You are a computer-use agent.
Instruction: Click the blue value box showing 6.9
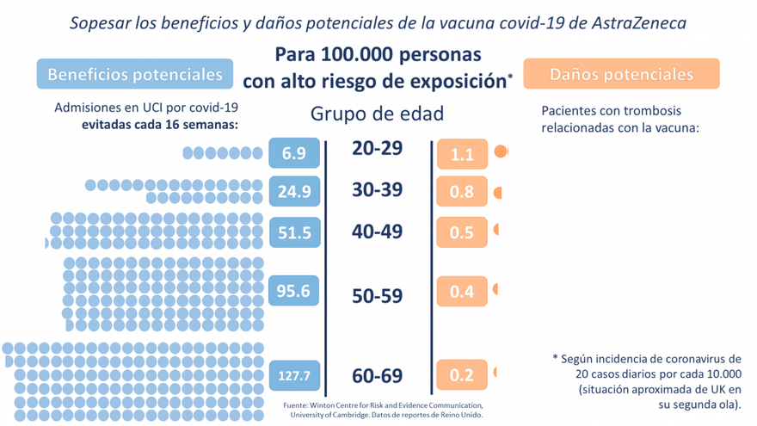(294, 154)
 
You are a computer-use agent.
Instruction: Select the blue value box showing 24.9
(294, 191)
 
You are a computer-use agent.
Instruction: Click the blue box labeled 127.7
(294, 375)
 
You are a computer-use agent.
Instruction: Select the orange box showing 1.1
(462, 155)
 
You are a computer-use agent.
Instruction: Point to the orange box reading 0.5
(462, 232)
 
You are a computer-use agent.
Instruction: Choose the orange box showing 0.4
(462, 292)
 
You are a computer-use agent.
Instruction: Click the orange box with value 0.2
(462, 375)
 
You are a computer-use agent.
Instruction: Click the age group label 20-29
(377, 148)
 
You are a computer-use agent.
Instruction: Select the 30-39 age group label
(377, 189)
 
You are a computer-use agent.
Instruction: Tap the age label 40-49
(377, 231)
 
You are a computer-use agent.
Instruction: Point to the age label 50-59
(377, 295)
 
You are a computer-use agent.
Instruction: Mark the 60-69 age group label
(377, 376)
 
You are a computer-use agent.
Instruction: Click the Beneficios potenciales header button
(135, 75)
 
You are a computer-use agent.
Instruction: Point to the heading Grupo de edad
(378, 114)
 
